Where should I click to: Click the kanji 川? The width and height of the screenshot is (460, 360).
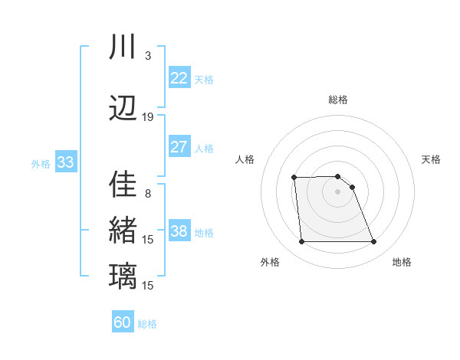click(123, 47)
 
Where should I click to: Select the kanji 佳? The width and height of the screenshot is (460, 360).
click(123, 186)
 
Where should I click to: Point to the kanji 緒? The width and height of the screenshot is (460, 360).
click(123, 231)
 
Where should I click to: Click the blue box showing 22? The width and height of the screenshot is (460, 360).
click(179, 78)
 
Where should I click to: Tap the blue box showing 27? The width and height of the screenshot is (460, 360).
click(179, 147)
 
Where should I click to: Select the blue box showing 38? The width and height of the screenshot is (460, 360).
click(179, 231)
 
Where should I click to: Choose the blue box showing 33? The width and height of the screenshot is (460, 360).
click(65, 162)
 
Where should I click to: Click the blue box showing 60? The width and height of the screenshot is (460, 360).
click(123, 322)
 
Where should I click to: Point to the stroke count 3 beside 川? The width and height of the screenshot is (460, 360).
click(147, 56)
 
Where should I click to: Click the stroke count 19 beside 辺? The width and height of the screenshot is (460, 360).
click(148, 116)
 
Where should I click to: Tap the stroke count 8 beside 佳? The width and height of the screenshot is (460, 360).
click(147, 194)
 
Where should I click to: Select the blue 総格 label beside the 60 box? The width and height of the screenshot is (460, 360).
click(147, 324)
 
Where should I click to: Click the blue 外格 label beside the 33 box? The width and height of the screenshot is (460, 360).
click(41, 163)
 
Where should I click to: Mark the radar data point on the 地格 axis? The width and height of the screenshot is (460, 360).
click(373, 242)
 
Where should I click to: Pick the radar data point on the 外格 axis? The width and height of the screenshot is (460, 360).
click(301, 242)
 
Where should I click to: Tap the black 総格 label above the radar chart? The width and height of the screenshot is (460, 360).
click(337, 100)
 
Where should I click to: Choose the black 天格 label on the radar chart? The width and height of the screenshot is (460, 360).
click(431, 159)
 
